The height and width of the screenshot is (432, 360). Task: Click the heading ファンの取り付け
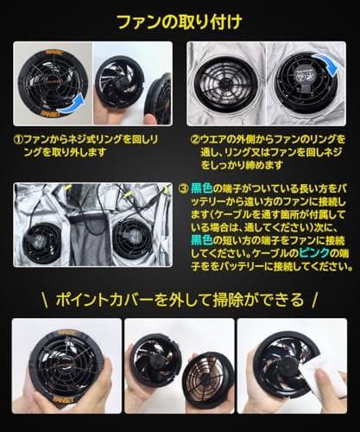coord(180,20)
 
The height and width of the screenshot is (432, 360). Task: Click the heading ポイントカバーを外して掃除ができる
coord(180,300)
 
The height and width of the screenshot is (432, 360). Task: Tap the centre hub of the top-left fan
coord(47,83)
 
